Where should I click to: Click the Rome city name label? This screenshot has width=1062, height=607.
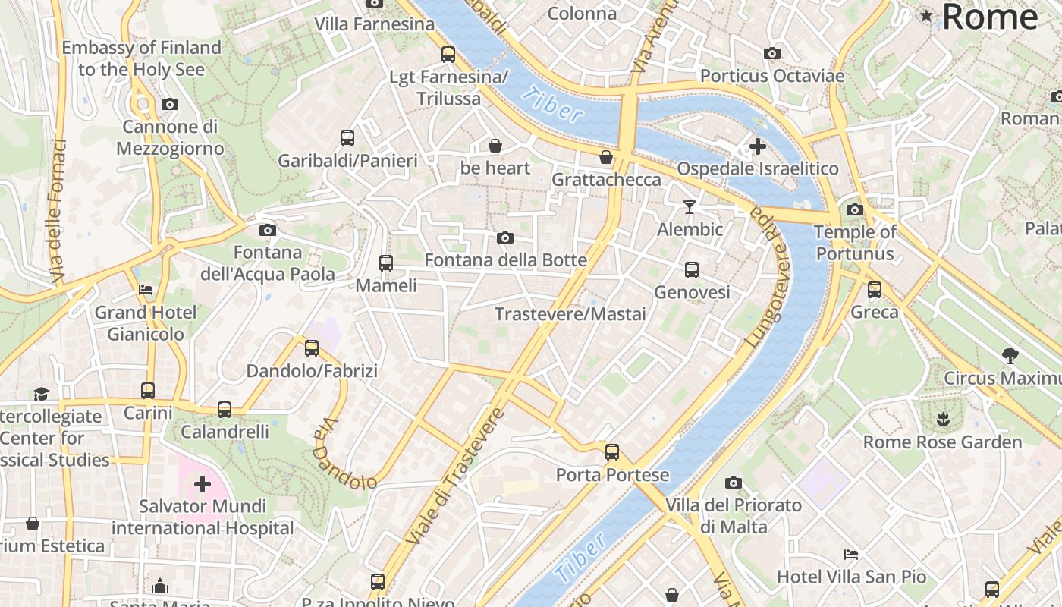(990, 17)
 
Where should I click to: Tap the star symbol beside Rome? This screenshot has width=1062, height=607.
(926, 16)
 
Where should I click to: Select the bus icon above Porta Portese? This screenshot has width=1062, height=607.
(612, 452)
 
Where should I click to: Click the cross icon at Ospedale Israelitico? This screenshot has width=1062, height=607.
(757, 146)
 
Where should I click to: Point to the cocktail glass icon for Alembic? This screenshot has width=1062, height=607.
(689, 207)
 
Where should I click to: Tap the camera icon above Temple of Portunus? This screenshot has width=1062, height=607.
(855, 210)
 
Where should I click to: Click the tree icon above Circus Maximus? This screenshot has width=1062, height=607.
(1010, 355)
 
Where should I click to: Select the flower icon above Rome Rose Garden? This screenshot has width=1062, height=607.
(942, 419)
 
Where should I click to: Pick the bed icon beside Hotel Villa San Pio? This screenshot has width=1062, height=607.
(851, 555)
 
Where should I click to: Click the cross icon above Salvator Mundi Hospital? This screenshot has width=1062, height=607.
(203, 483)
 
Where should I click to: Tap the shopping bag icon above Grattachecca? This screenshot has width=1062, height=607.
(606, 157)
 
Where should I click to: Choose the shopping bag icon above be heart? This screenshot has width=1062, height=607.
(495, 145)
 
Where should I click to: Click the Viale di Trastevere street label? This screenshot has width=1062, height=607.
(455, 476)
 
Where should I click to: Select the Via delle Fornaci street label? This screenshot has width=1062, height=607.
(58, 212)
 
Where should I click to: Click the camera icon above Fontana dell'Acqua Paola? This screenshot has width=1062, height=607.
(267, 230)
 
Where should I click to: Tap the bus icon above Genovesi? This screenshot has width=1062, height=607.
(692, 269)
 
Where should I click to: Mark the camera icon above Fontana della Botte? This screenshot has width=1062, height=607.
(504, 238)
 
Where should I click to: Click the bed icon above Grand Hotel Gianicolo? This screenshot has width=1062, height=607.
(146, 290)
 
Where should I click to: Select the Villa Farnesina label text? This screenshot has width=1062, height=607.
(375, 24)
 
